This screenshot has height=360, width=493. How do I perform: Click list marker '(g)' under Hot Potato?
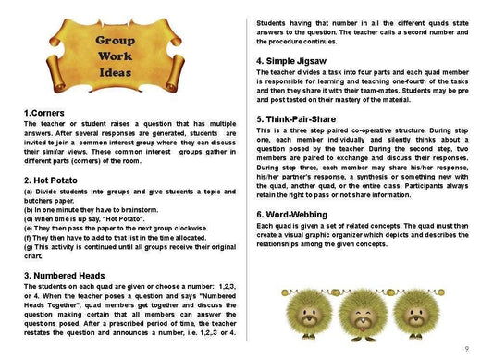pos(29,247)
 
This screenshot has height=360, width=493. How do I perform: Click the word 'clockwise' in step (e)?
pos(205,229)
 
